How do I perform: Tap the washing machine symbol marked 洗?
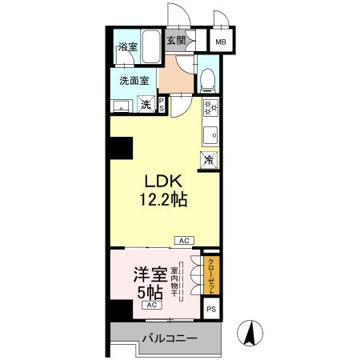(146, 104)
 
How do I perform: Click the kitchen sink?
(210, 134)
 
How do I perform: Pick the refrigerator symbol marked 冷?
(209, 159)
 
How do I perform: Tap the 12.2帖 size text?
(166, 200)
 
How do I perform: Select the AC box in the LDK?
(183, 240)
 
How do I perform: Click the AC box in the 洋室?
(150, 305)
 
